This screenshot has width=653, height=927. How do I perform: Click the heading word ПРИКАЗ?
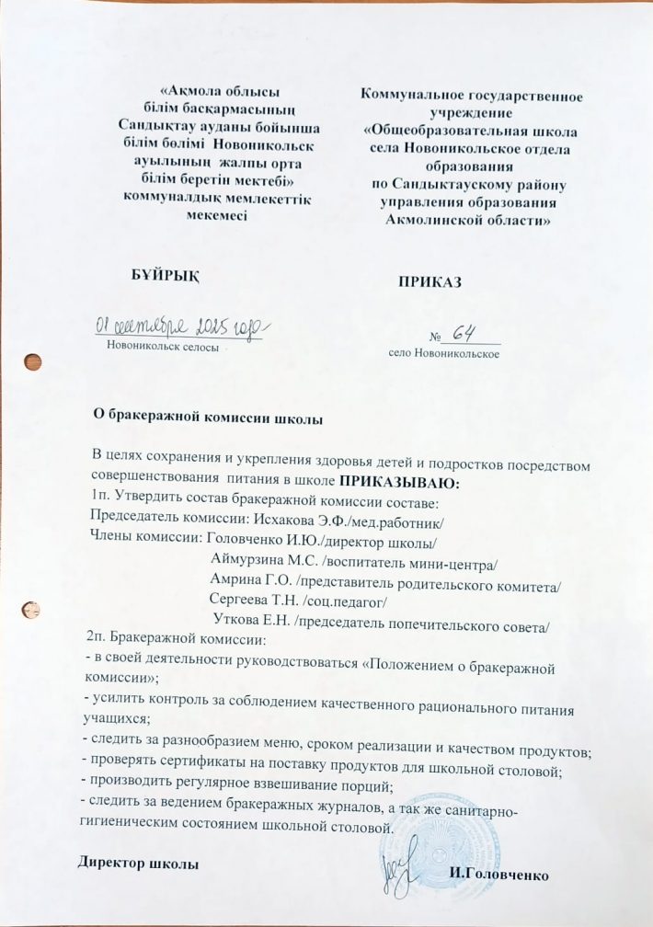click(x=429, y=282)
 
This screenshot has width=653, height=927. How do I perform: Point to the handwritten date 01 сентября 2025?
click(x=180, y=326)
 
